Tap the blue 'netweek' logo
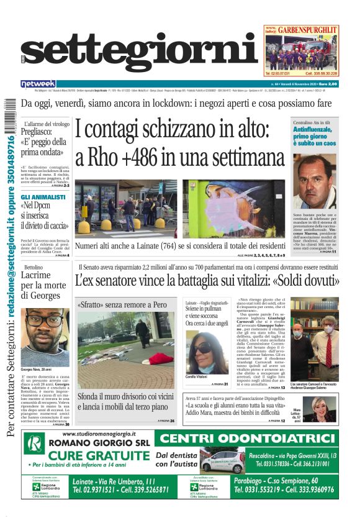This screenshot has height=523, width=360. click(38, 83)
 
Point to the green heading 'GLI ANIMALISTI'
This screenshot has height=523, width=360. click(43, 197)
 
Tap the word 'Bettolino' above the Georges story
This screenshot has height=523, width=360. click(34, 268)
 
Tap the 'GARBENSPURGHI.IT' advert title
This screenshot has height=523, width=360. click(308, 29)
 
